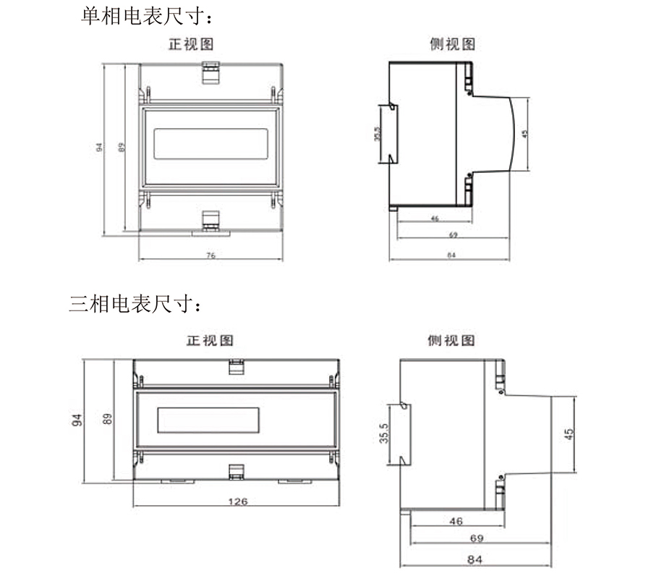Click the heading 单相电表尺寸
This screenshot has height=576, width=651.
pyautogui.click(x=148, y=15)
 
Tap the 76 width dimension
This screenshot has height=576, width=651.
pyautogui.click(x=211, y=255)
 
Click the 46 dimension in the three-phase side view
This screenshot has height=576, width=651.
pyautogui.click(x=456, y=521)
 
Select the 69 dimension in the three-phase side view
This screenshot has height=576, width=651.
pyautogui.click(x=476, y=538)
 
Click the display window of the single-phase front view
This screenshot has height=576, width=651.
pyautogui.click(x=211, y=143)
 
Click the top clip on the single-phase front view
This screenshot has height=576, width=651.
pyautogui.click(x=210, y=70)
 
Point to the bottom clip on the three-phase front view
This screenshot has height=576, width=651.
pyautogui.click(x=236, y=471)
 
